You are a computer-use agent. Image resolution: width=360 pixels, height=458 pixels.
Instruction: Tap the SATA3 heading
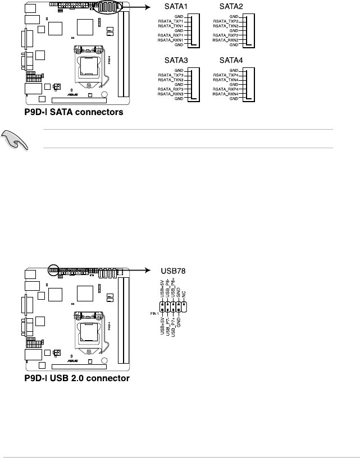(176, 61)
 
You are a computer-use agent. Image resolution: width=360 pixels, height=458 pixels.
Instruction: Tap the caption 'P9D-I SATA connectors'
(74, 112)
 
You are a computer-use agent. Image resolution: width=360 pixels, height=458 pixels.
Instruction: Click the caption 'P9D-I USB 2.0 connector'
(77, 378)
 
